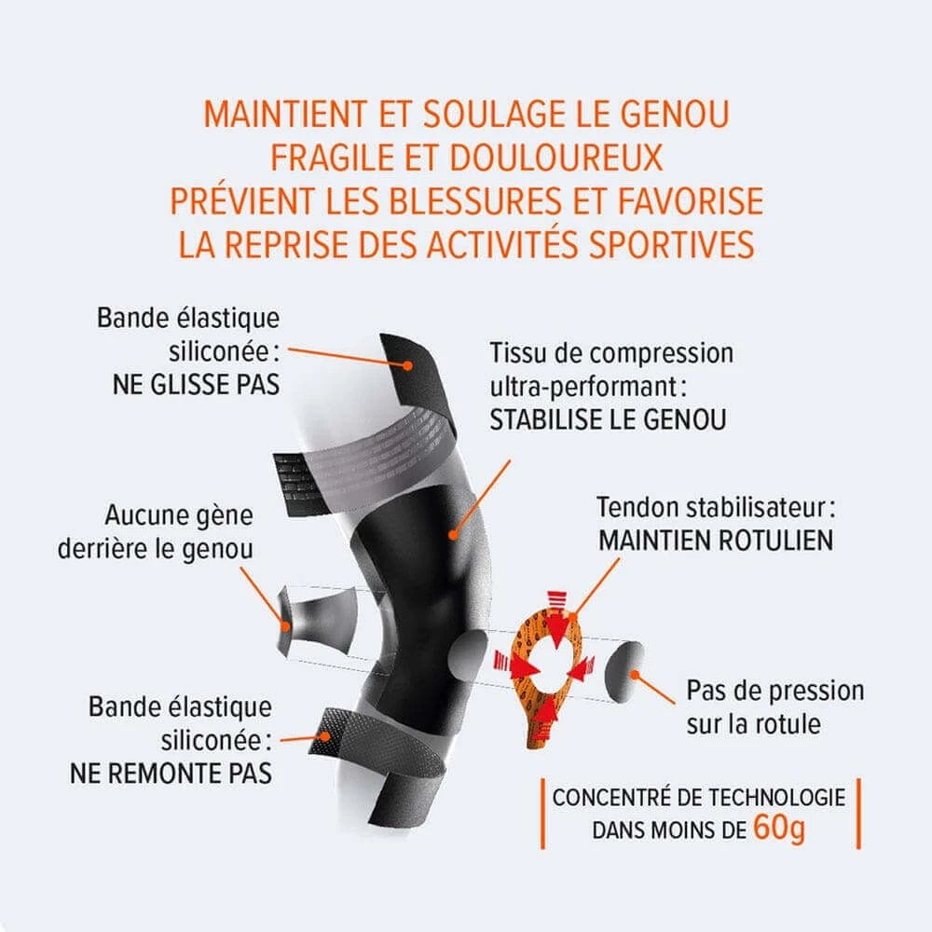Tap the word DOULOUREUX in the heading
[555, 158]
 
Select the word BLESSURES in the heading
[475, 201]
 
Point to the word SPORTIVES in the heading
[671, 244]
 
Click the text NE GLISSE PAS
[196, 385]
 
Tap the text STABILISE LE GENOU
[608, 419]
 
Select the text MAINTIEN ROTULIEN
[715, 541]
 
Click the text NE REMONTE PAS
[171, 774]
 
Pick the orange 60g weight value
[778, 828]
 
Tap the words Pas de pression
[775, 691]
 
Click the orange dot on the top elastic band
[407, 365]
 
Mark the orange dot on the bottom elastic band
[325, 736]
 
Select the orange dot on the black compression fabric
[453, 535]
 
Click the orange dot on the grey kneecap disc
[634, 675]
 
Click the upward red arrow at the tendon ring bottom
[544, 710]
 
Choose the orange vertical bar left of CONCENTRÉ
[542, 814]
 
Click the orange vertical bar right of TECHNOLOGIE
[858, 814]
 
